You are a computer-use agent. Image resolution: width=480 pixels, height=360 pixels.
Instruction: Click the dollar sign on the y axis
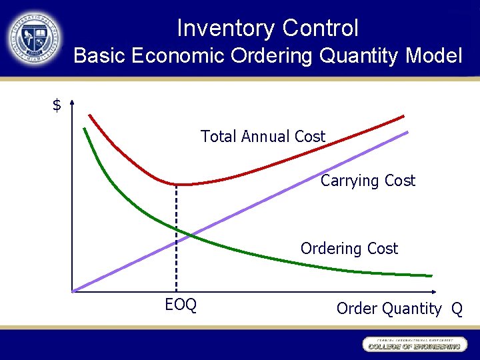57,105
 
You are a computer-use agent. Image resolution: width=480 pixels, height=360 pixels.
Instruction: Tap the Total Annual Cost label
263,137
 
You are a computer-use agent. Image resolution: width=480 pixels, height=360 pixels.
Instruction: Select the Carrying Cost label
367,181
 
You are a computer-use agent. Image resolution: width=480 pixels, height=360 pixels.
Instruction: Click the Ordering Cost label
349,249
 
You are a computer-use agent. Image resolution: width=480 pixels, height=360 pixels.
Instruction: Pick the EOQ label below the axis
181,305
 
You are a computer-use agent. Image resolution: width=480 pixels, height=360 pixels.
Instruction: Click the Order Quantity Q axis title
399,309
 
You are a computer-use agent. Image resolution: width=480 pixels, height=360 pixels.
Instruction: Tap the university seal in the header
35,38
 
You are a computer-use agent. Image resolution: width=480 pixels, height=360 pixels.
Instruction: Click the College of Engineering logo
413,345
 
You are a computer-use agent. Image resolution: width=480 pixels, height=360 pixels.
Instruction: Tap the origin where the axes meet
72,291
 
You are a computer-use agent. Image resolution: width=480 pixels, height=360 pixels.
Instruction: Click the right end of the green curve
430,275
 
